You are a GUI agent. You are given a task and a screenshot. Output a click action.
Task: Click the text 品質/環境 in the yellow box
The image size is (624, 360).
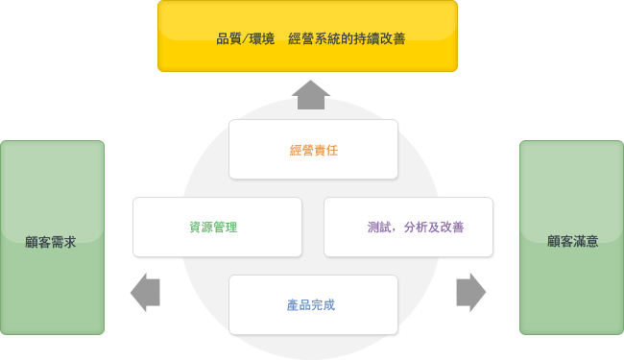(246, 39)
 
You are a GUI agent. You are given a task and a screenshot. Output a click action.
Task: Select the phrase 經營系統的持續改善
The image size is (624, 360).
(346, 39)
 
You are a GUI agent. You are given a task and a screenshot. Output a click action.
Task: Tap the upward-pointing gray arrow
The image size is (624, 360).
(312, 94)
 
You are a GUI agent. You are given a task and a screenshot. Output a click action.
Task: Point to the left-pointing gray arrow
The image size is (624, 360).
(145, 292)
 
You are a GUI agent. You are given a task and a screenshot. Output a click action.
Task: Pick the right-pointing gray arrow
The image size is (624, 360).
(470, 292)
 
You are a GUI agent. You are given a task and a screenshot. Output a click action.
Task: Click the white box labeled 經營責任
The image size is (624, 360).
(313, 149)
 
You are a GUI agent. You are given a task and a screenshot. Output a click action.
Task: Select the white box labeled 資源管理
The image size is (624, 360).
(217, 227)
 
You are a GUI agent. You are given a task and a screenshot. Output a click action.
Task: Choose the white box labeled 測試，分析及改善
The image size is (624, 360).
(408, 227)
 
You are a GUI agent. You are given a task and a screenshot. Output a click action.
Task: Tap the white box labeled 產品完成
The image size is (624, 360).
(313, 304)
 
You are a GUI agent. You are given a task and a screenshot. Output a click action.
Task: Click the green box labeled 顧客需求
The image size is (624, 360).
(52, 237)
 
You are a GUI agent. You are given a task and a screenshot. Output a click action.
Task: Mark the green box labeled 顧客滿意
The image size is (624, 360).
(571, 237)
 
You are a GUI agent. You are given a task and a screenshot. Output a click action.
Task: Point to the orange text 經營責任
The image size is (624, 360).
(313, 150)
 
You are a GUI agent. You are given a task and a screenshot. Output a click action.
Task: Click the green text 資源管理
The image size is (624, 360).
(213, 228)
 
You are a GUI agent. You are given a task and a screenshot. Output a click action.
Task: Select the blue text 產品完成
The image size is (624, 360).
(310, 304)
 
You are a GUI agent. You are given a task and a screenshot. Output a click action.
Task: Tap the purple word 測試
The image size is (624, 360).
(378, 228)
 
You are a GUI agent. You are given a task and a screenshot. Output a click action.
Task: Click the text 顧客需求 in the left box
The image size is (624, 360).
(51, 241)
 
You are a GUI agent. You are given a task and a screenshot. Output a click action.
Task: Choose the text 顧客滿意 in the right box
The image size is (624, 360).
(573, 241)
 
